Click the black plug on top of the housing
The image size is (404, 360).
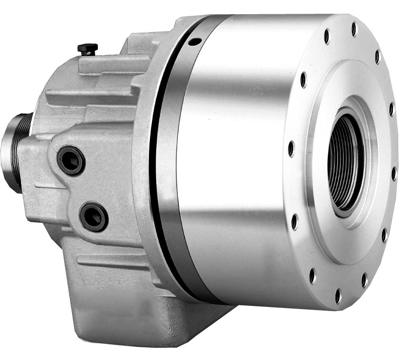tap(87, 49)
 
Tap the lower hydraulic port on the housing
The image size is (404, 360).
tap(94, 216)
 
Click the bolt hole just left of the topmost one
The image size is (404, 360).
tap(327, 36)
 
